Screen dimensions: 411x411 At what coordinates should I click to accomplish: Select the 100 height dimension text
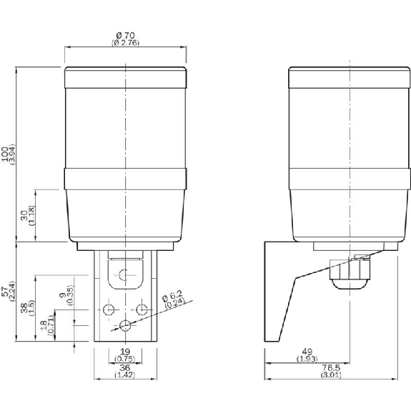click(5, 154)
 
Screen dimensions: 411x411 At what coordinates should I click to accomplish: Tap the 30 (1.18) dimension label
click(28, 215)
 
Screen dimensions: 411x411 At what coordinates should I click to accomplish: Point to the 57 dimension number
click(5, 292)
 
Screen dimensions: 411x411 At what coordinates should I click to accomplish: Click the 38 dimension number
click(24, 308)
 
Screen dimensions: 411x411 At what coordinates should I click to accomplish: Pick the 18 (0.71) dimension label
click(47, 325)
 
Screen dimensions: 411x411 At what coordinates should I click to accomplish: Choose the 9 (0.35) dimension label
click(66, 295)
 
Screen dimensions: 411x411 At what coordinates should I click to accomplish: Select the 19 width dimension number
click(125, 352)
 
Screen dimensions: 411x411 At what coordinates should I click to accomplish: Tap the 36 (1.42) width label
click(125, 371)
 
